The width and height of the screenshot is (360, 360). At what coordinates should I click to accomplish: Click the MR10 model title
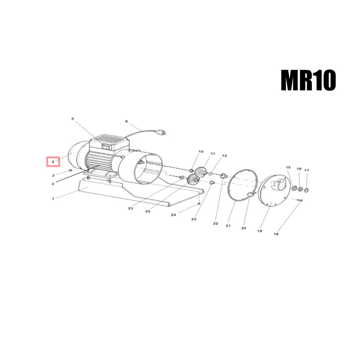pyautogui.click(x=308, y=81)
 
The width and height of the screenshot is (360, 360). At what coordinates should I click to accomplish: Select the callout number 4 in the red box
pyautogui.click(x=53, y=162)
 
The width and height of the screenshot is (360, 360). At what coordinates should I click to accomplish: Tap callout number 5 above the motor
pyautogui.click(x=72, y=119)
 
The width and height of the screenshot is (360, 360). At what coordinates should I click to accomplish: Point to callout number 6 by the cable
pyautogui.click(x=126, y=121)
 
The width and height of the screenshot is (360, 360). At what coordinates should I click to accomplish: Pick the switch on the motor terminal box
pyautogui.click(x=107, y=147)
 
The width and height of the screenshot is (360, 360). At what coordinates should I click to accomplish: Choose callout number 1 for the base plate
pyautogui.click(x=53, y=199)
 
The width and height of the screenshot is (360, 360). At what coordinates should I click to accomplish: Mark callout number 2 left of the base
pyautogui.click(x=53, y=184)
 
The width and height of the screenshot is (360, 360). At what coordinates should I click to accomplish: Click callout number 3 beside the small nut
pyautogui.click(x=53, y=175)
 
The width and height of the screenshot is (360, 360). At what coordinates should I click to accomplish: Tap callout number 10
pyautogui.click(x=200, y=152)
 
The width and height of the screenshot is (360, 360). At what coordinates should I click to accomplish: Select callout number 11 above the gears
pyautogui.click(x=212, y=154)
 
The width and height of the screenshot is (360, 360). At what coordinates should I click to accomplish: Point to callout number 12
pyautogui.click(x=224, y=156)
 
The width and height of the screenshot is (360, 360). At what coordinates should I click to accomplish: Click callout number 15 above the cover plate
pyautogui.click(x=288, y=167)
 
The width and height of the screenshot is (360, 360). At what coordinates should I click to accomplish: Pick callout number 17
pyautogui.click(x=307, y=170)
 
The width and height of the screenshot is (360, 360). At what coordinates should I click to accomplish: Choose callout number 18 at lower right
pyautogui.click(x=276, y=234)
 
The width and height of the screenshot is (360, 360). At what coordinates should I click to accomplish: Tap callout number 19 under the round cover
pyautogui.click(x=259, y=231)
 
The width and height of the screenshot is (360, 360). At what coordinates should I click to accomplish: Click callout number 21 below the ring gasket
pyautogui.click(x=228, y=226)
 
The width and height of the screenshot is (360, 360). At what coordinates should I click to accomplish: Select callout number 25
pyautogui.click(x=147, y=211)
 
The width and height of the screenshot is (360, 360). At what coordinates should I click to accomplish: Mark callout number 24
pyautogui.click(x=173, y=215)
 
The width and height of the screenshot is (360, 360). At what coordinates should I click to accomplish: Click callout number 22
pyautogui.click(x=215, y=224)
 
